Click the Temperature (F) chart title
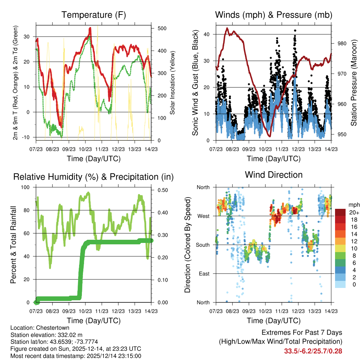(x=94, y=15)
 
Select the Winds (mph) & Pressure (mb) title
(x=274, y=15)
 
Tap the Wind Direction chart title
(x=274, y=175)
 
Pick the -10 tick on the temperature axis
(x=29, y=137)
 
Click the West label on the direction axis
(x=203, y=216)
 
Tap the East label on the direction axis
(x=204, y=274)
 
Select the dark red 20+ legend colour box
(x=341, y=213)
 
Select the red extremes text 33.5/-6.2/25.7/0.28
(x=313, y=351)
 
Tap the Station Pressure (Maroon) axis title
(x=354, y=83)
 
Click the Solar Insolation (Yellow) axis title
(x=173, y=83)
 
